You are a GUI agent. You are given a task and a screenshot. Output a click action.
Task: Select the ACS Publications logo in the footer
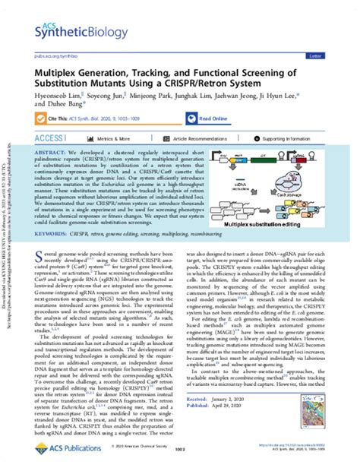point(62,454)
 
